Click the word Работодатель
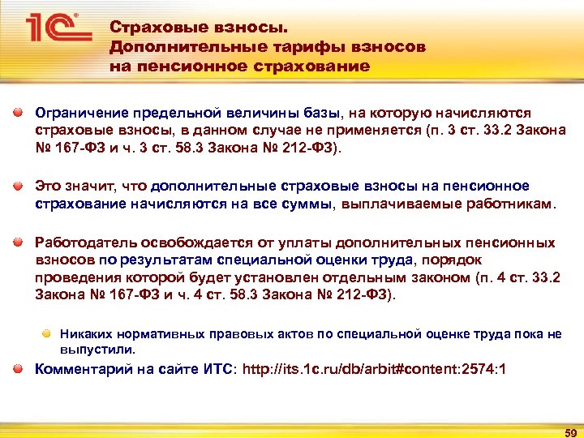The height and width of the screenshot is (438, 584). pos(84,242)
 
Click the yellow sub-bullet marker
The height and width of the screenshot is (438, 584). pos(48,333)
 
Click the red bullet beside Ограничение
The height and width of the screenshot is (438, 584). pos(17,113)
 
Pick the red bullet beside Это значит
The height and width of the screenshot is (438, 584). pos(17,185)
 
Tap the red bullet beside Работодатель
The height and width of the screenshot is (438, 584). pos(17,241)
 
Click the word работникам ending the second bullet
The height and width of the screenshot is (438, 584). pos(510,204)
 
